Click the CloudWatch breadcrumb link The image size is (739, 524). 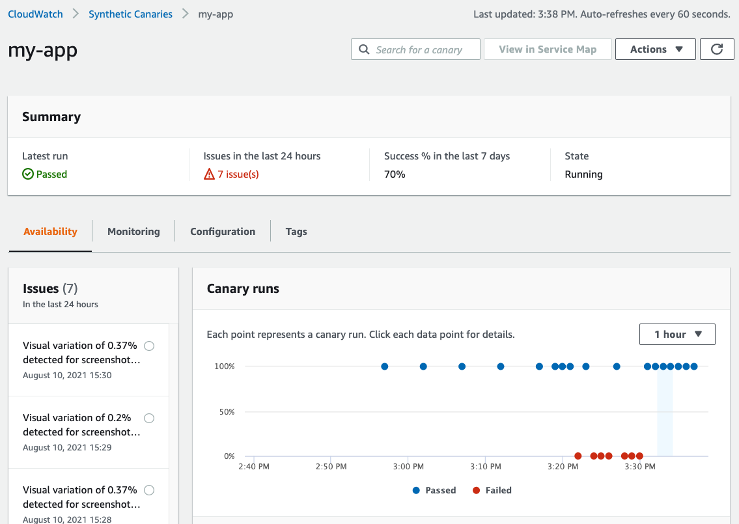pos(35,14)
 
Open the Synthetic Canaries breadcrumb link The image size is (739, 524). pos(130,14)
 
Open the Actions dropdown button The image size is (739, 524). pos(656,49)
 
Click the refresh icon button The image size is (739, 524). pos(717,49)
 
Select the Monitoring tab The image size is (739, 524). pos(133,232)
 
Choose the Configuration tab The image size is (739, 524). pos(223,232)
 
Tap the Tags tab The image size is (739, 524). pos(296,232)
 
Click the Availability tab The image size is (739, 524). pos(50,232)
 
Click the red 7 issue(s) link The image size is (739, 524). pos(238,174)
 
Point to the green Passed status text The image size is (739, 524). pos(51,174)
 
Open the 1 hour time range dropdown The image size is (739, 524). pos(677,335)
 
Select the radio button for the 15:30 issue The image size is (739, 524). pos(149,346)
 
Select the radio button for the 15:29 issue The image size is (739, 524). pos(149,418)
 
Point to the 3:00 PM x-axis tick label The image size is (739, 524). pos(409,467)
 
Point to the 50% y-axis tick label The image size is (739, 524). pos(224,412)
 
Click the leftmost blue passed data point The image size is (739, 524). pos(385,366)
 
